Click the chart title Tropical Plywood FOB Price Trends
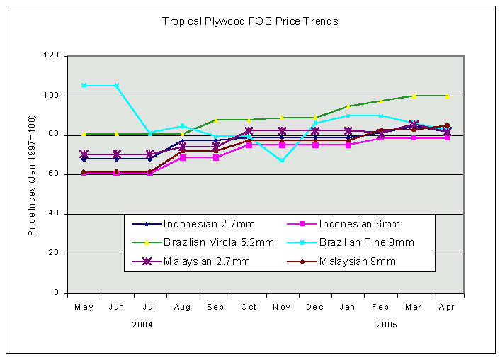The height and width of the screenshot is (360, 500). coord(250,21)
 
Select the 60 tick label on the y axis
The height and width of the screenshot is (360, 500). coord(55,174)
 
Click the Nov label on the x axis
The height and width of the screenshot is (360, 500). coord(282,307)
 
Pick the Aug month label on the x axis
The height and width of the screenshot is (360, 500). coord(183,307)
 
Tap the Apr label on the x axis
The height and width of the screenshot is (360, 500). coord(447,307)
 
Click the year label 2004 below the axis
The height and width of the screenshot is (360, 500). coord(142,324)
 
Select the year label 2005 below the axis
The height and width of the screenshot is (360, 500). coord(386,324)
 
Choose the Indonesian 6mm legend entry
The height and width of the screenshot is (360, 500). coord(358,224)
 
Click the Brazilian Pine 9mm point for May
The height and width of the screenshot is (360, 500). coord(84,85)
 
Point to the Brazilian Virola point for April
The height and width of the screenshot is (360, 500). coord(447,96)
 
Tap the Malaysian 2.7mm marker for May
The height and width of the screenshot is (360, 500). coord(84,154)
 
